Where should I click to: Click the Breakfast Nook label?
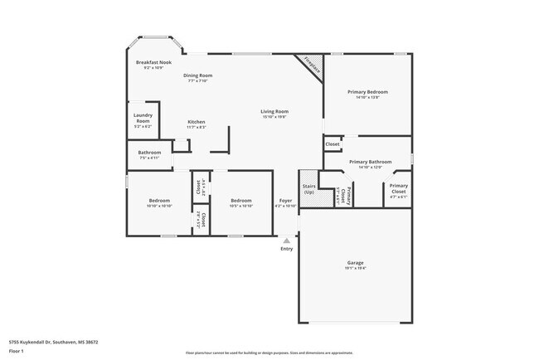(153, 63)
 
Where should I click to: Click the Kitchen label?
(196, 122)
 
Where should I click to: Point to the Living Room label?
(274, 111)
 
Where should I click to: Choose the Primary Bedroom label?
(367, 92)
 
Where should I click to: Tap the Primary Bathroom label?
(369, 162)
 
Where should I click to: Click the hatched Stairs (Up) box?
(308, 189)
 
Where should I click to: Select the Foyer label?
(285, 201)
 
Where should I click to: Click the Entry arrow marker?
(287, 241)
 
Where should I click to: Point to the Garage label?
(355, 262)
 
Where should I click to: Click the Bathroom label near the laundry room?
(149, 153)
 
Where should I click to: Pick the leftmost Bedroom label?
(159, 201)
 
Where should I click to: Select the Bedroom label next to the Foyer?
(240, 201)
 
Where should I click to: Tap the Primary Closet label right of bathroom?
(398, 188)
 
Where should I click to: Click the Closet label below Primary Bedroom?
(332, 144)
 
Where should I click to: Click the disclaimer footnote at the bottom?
(269, 353)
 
